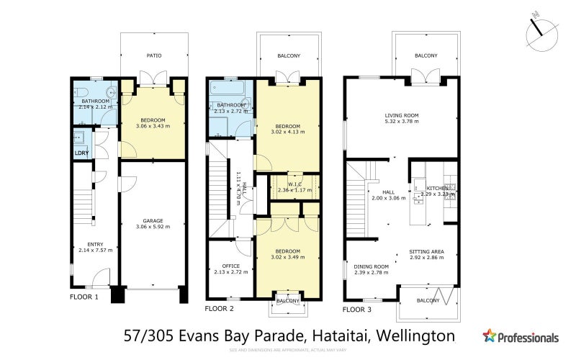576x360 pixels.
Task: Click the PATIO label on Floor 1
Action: click(x=154, y=55)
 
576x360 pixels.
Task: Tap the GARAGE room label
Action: click(x=152, y=220)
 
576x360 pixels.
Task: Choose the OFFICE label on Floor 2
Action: click(x=230, y=266)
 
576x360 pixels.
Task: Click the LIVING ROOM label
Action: click(x=401, y=115)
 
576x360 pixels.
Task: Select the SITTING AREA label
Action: click(x=427, y=251)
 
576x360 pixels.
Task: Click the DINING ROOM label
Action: click(x=372, y=266)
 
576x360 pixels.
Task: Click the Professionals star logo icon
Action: click(x=490, y=336)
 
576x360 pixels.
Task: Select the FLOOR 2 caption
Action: click(x=220, y=308)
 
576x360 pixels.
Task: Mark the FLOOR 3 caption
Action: click(x=357, y=310)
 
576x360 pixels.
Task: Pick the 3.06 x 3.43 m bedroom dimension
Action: click(x=153, y=126)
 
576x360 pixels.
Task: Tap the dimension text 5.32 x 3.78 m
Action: click(x=401, y=122)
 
